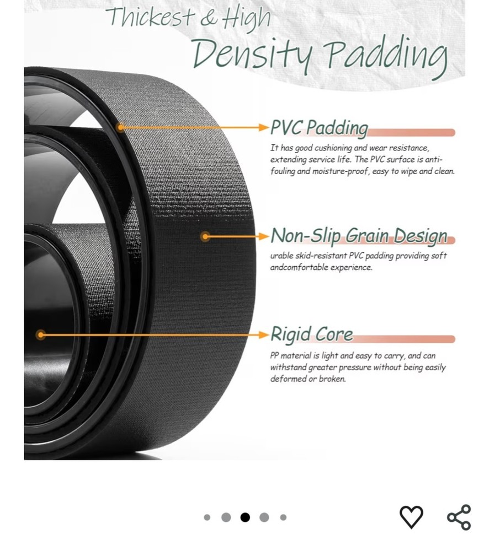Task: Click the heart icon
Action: click(x=411, y=517)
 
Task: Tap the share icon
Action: click(x=459, y=517)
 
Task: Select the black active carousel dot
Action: click(x=245, y=517)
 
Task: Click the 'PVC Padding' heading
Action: click(x=318, y=128)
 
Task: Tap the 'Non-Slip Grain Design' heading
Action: click(x=359, y=236)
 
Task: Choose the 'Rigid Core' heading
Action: click(x=311, y=334)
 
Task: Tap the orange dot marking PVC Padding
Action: click(x=120, y=127)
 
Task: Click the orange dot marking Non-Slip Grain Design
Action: click(x=205, y=237)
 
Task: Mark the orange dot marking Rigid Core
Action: click(x=40, y=334)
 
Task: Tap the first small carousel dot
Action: click(x=207, y=517)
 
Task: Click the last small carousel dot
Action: click(x=283, y=517)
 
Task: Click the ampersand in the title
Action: click(x=208, y=18)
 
